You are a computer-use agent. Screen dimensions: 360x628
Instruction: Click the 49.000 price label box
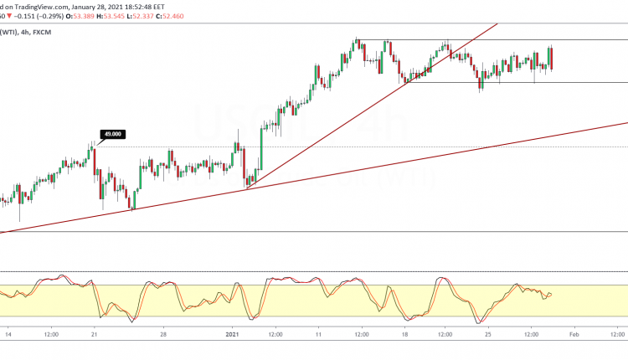[x=111, y=134]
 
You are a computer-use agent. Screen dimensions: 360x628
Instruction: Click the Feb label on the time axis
[x=574, y=332]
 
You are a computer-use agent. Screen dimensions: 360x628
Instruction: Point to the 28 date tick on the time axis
[x=164, y=332]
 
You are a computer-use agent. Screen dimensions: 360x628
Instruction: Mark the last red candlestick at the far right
[x=552, y=59]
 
